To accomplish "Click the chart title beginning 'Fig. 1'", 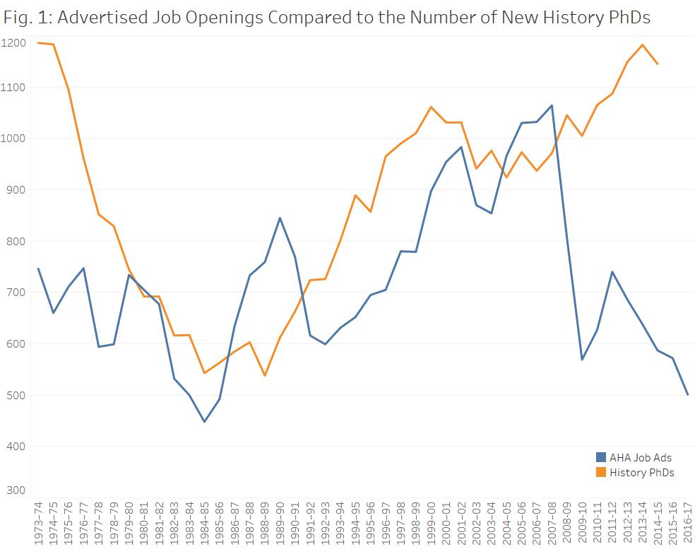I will (x=326, y=18).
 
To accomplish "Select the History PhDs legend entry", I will (x=641, y=472).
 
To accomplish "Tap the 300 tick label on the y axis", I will (x=17, y=490).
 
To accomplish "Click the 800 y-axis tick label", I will (x=17, y=241).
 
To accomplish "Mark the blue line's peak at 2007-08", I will (x=552, y=105).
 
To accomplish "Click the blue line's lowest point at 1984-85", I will (x=204, y=422).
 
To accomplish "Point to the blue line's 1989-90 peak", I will (x=280, y=218).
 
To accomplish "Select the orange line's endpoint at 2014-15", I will (x=658, y=64).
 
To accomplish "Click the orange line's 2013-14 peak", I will (x=642, y=45).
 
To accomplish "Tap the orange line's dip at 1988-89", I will (x=265, y=375).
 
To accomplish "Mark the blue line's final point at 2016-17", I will (x=688, y=394).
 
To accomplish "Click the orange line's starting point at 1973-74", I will (x=38, y=42).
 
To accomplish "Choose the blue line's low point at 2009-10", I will (x=582, y=360).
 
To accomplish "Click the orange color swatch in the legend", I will (x=601, y=472).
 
